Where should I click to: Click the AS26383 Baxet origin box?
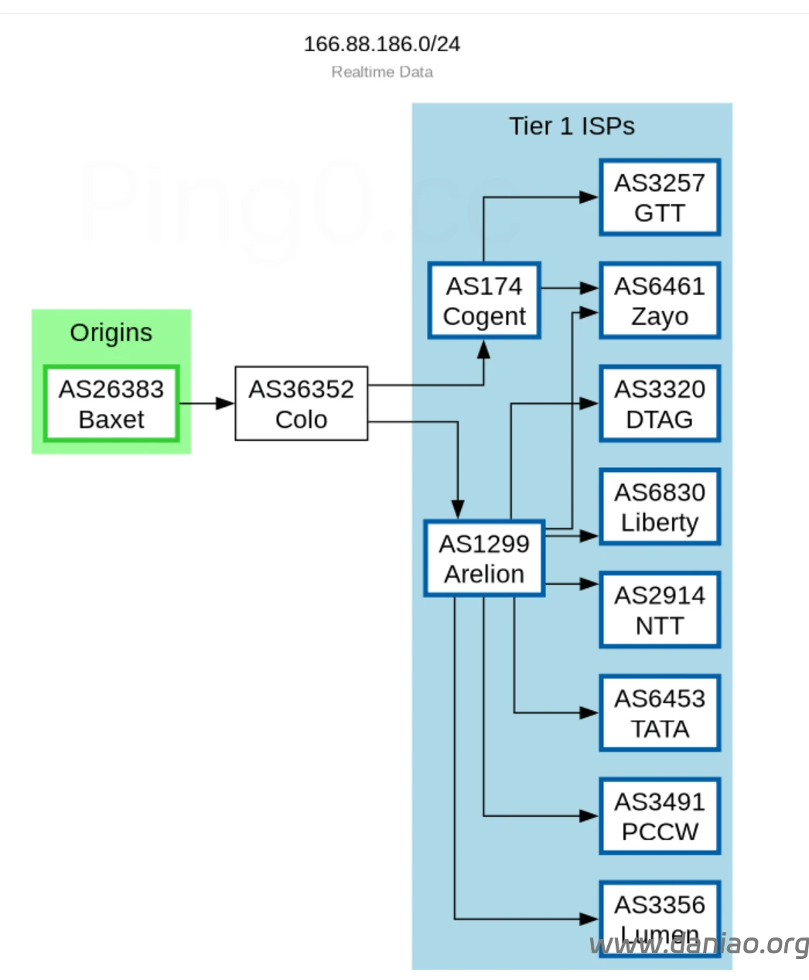(x=111, y=404)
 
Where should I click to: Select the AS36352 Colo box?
(x=301, y=404)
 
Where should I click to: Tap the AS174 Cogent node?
(x=484, y=301)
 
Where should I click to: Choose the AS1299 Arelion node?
(x=484, y=558)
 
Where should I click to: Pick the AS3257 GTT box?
(x=660, y=197)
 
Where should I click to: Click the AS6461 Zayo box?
(x=660, y=301)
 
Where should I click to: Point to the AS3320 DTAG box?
(x=660, y=404)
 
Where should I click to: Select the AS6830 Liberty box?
(x=660, y=507)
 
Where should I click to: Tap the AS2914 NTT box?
(x=660, y=610)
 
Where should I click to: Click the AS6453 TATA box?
(x=660, y=713)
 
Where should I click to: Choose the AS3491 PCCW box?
(x=660, y=816)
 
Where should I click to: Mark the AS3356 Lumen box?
(x=660, y=913)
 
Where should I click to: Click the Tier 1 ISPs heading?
(x=572, y=126)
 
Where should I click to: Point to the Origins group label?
(x=111, y=333)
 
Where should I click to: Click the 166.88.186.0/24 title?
(x=382, y=44)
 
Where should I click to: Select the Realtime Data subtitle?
(x=382, y=72)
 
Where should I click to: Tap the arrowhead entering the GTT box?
(x=589, y=197)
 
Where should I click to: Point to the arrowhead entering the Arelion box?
(x=458, y=510)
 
